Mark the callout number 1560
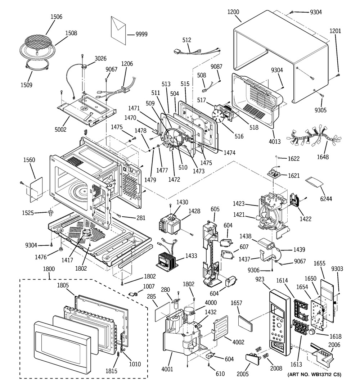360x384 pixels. (29, 160)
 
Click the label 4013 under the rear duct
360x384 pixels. (275, 142)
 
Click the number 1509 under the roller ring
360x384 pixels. (26, 85)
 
